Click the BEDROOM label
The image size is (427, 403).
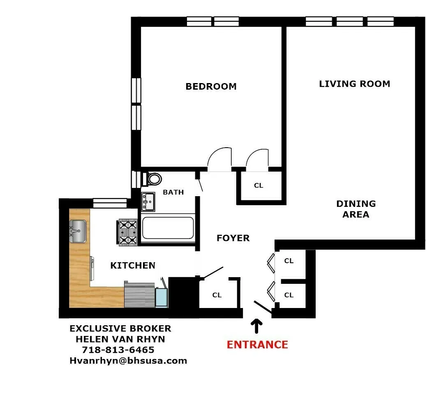pos(211,86)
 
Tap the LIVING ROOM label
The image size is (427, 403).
pos(354,84)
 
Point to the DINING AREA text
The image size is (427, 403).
pos(355,209)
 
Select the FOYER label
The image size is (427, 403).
pos(233,238)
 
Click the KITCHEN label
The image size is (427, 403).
pos(133,266)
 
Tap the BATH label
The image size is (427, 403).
pos(173,192)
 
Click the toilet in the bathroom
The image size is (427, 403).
pos(153,179)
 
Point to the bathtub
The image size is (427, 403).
pos(167,228)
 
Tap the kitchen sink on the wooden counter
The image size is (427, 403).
pos(77,231)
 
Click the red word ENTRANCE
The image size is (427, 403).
pos(257,345)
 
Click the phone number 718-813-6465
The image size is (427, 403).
pos(118,350)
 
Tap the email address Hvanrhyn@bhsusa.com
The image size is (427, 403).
pos(128,361)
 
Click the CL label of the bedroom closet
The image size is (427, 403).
pos(258,185)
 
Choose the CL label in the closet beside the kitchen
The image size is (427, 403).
pos(217,295)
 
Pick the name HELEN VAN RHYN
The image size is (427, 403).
pos(120,340)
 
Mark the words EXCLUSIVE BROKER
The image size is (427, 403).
pos(120,329)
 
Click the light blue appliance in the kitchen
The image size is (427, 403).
pos(162,297)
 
